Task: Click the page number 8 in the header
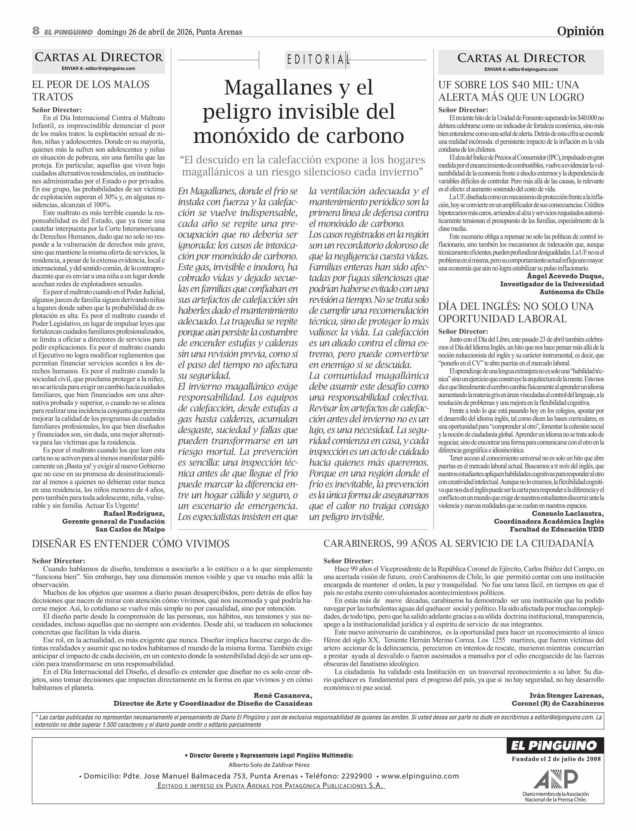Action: pyautogui.click(x=36, y=31)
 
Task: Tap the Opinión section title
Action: pyautogui.click(x=580, y=31)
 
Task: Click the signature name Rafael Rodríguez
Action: pyautogui.click(x=134, y=513)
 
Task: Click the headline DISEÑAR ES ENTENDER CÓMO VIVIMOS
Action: pyautogui.click(x=131, y=544)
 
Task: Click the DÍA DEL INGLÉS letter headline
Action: pyautogui.click(x=516, y=312)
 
